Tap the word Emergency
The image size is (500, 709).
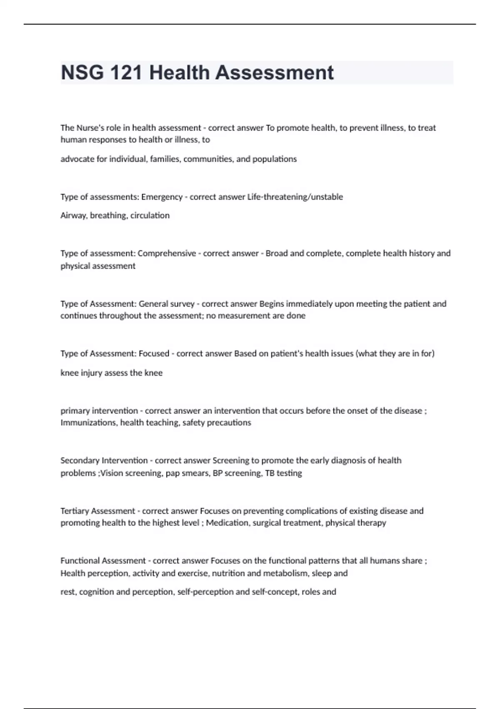tap(162, 197)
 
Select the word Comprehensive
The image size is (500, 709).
tap(167, 254)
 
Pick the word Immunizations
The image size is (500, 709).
tap(89, 423)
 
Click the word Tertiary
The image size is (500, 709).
tap(74, 511)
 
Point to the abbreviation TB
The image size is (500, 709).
tap(270, 473)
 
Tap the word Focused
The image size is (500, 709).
tap(154, 354)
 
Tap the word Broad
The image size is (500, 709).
tap(276, 254)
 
